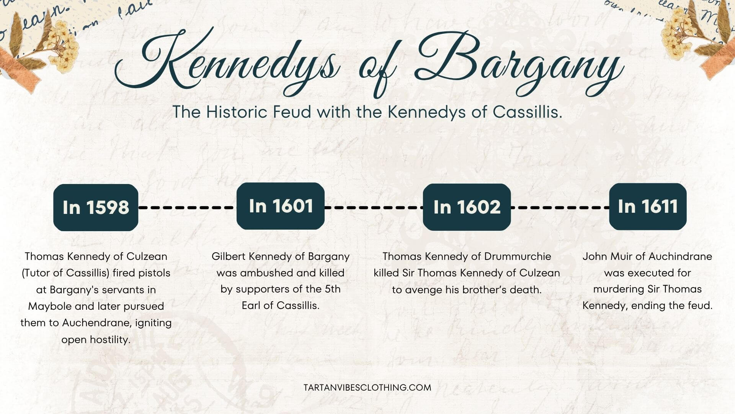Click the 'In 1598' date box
coord(96,207)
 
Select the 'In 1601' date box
coord(281,206)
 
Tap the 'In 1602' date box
coord(467,207)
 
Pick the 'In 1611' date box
coord(648,206)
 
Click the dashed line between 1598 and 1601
coord(187,207)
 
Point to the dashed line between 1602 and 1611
coord(560,207)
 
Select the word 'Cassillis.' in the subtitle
coord(528,112)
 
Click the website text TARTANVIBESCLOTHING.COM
coord(367,388)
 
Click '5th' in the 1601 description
coord(332,289)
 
